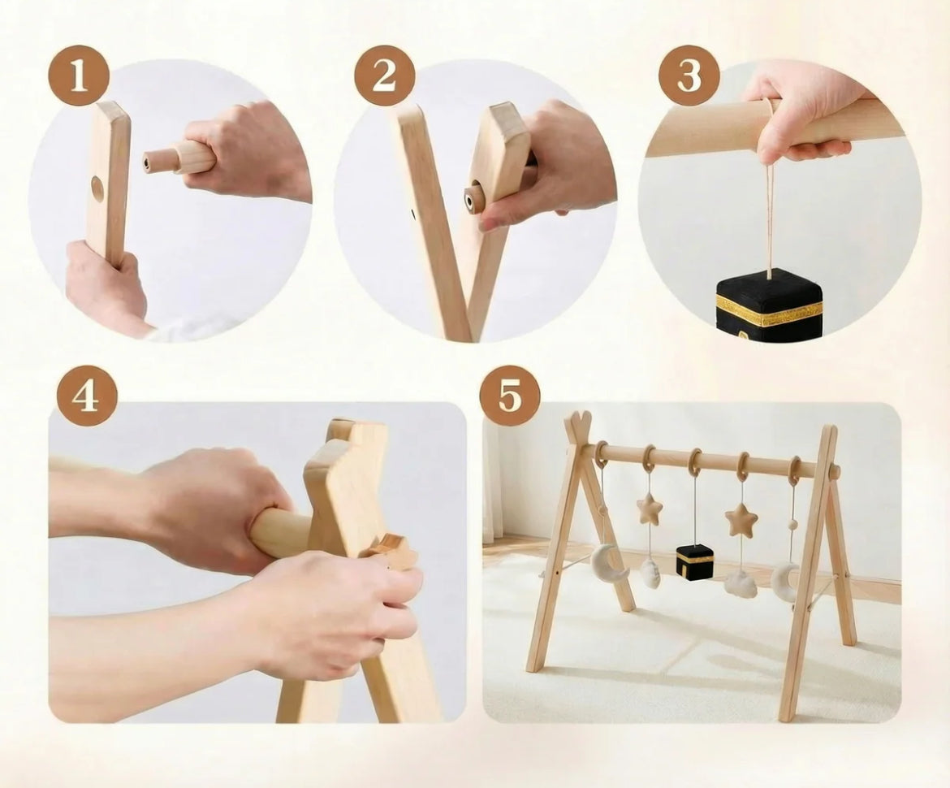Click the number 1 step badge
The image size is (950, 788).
click(79, 76)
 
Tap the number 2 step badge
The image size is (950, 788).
click(384, 76)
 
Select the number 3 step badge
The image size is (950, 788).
click(689, 76)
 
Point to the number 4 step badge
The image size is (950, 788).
click(87, 396)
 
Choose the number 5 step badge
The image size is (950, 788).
click(509, 396)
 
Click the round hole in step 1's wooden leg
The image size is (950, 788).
click(97, 188)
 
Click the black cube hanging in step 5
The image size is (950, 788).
click(694, 561)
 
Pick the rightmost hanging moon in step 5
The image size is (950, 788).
click(784, 582)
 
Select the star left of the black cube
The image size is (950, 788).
click(649, 509)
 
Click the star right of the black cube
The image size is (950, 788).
click(741, 520)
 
